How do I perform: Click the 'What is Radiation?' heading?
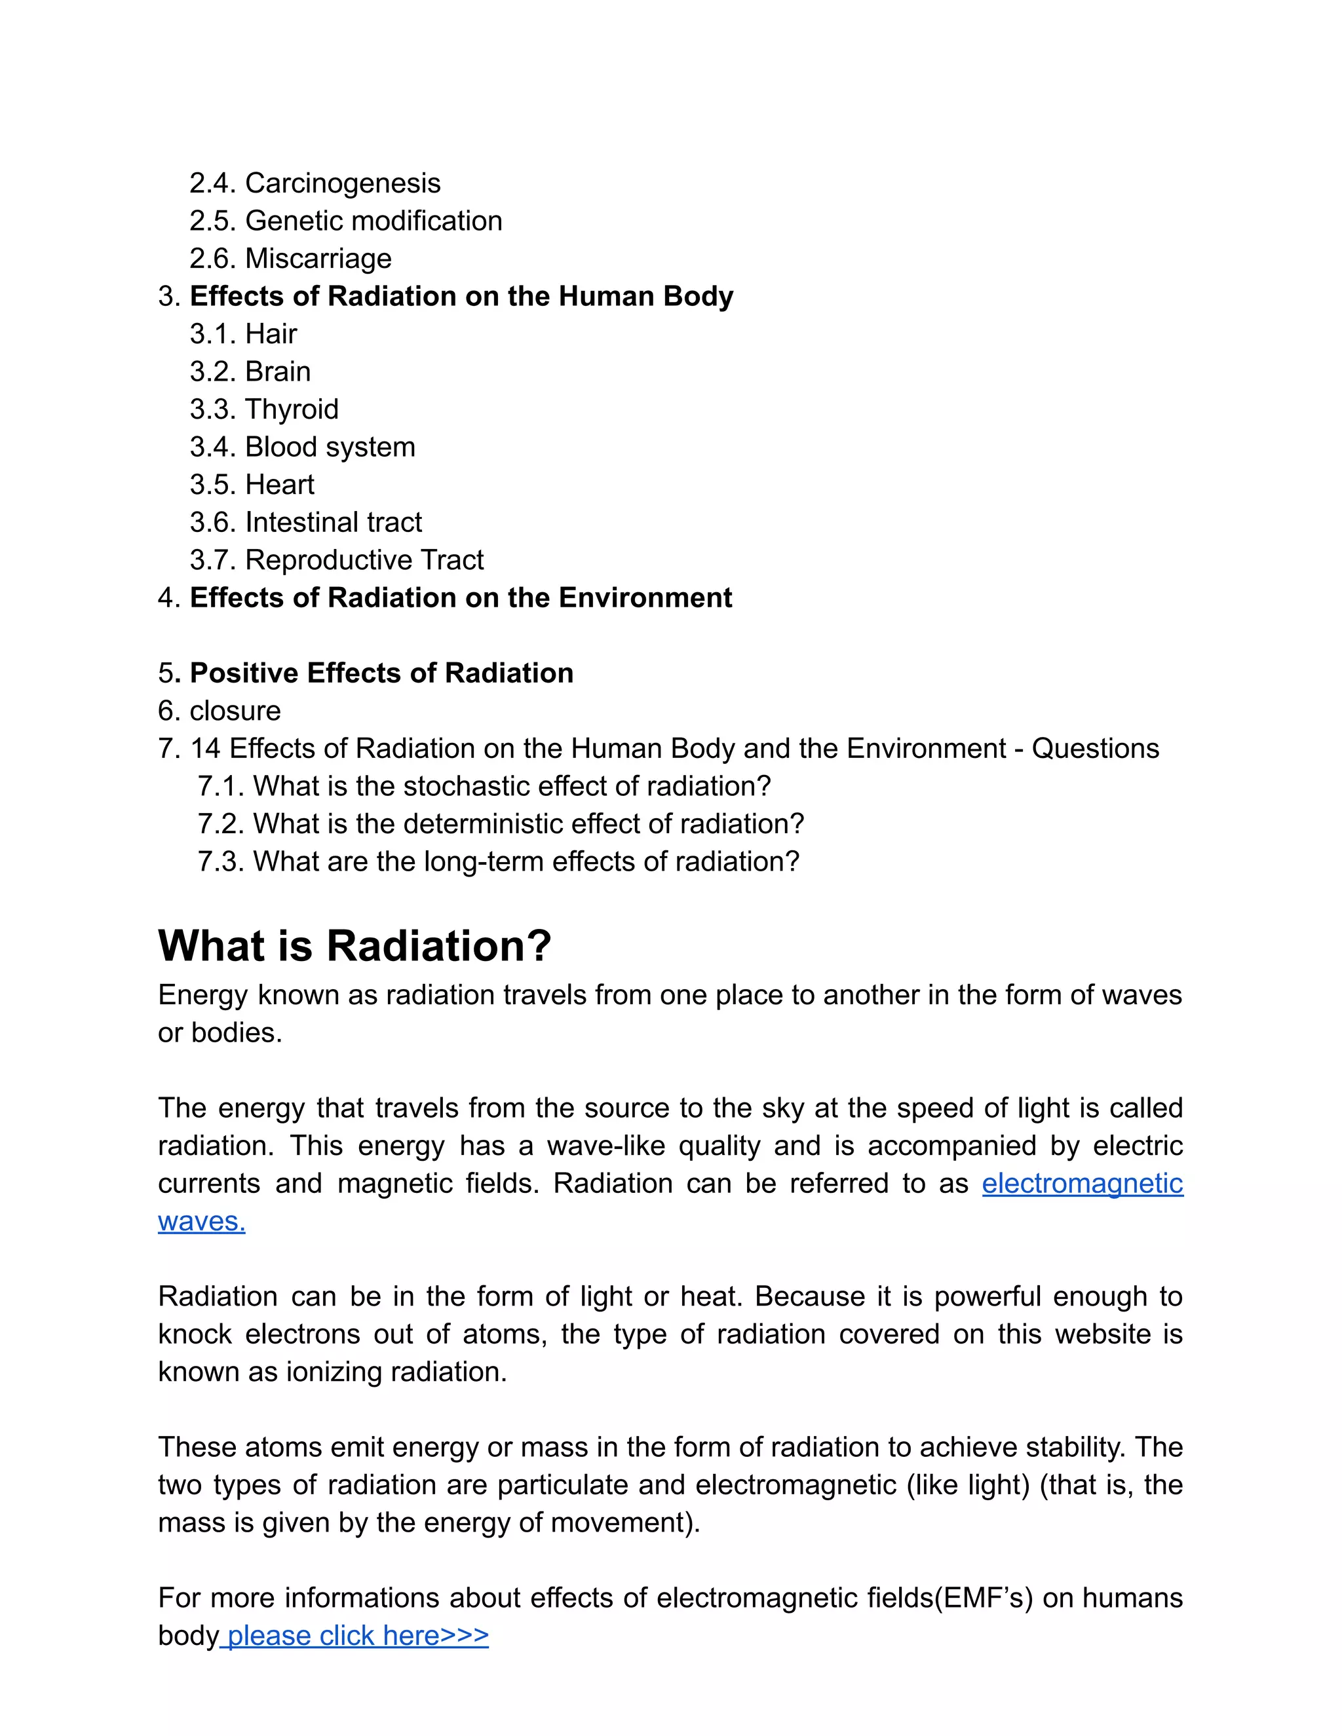click(x=355, y=946)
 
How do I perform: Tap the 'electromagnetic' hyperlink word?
click(x=1082, y=1184)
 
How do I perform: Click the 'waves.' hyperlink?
click(x=201, y=1221)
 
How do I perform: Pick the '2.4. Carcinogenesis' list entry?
click(x=315, y=183)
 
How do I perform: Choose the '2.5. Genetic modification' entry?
click(x=346, y=221)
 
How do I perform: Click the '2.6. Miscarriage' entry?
click(x=290, y=258)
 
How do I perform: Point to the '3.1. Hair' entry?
click(x=243, y=334)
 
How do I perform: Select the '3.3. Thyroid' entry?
click(x=264, y=409)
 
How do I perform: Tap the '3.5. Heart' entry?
click(x=252, y=485)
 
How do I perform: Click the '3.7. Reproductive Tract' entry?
click(x=336, y=560)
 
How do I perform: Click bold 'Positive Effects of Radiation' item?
click(x=381, y=673)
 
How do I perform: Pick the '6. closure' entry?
click(x=220, y=711)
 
